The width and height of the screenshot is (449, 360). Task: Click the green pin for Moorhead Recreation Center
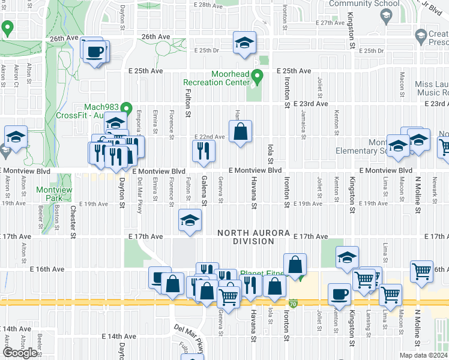pos(258,76)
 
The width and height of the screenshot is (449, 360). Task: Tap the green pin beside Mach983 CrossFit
pos(126,108)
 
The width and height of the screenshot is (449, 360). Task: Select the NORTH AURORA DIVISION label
pos(246,237)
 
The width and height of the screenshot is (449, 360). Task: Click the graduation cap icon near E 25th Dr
pos(244,43)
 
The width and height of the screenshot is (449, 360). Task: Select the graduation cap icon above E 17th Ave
pos(190,221)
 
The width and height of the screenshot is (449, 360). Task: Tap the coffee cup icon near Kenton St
pos(340,295)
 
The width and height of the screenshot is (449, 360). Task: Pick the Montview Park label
pos(50,194)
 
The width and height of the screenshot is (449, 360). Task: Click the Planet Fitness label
pos(262,274)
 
